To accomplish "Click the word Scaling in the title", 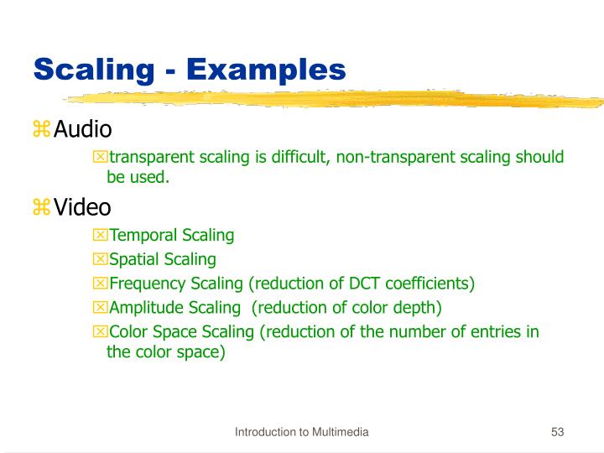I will pyautogui.click(x=92, y=69).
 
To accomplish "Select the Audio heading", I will pyautogui.click(x=83, y=130).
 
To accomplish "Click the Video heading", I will pyautogui.click(x=82, y=206).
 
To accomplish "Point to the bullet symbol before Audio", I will pyautogui.click(x=41, y=130).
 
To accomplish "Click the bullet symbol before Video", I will pyautogui.click(x=41, y=206).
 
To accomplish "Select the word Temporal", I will pyautogui.click(x=143, y=236).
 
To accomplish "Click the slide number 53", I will pyautogui.click(x=557, y=432).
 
